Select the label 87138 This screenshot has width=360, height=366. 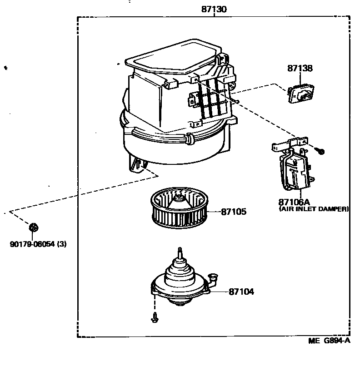point(300,69)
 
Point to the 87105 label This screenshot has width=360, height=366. point(235,212)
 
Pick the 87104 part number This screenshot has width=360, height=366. point(241,292)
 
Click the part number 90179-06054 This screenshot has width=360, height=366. point(32,244)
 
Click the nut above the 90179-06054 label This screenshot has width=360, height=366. point(33,227)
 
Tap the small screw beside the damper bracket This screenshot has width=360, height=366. point(321,151)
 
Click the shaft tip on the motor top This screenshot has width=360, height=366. point(180,250)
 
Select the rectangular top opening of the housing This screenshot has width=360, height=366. point(171,58)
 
